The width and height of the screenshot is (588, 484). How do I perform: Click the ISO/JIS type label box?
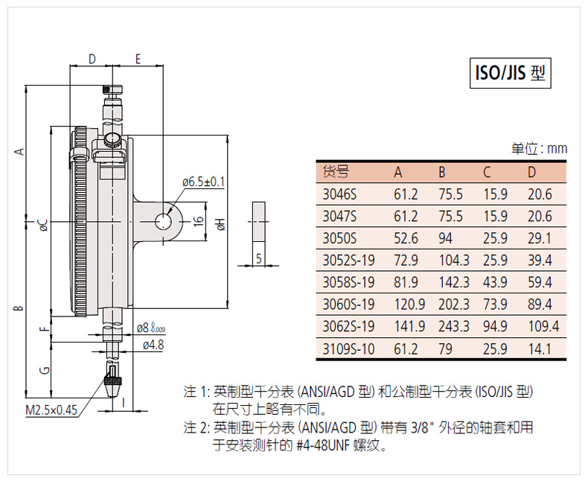pyautogui.click(x=511, y=73)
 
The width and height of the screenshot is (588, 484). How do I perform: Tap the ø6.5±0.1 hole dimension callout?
pyautogui.click(x=203, y=182)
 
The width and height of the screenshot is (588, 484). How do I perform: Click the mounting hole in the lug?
pyautogui.click(x=164, y=221)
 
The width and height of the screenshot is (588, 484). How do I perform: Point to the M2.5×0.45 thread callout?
pyautogui.click(x=51, y=410)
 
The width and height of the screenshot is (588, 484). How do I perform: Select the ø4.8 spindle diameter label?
pyautogui.click(x=153, y=345)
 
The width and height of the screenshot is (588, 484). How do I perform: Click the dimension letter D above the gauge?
pyautogui.click(x=92, y=59)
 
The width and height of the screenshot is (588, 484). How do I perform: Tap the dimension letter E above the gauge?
pyautogui.click(x=138, y=59)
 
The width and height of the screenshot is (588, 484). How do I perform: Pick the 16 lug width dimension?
pyautogui.click(x=198, y=220)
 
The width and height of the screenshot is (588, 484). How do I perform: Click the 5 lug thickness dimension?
pyautogui.click(x=258, y=258)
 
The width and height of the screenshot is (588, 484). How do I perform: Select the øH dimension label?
pyautogui.click(x=221, y=224)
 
